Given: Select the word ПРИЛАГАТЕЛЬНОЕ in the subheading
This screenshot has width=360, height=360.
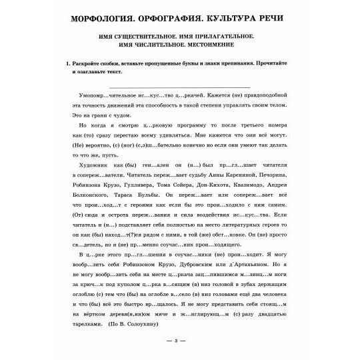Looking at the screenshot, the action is pos(231,35).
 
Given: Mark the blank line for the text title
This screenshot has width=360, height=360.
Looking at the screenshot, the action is pos(180,87).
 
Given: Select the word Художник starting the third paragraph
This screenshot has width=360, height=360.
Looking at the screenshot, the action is pos(93,161).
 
